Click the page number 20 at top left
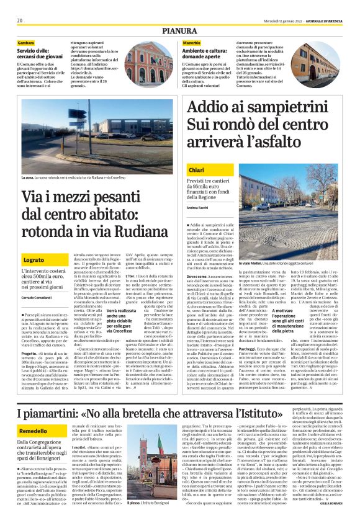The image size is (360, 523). pyautogui.click(x=20, y=20)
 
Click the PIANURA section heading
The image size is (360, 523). pyautogui.click(x=180, y=30)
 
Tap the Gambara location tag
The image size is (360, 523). pyautogui.click(x=26, y=42)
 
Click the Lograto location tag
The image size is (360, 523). pyautogui.click(x=34, y=260)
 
